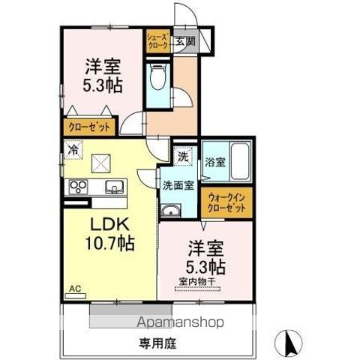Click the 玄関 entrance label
pyautogui.click(x=186, y=42)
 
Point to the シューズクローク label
pyautogui.click(x=157, y=39)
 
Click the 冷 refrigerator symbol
pyautogui.click(x=73, y=149)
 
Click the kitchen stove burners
pyautogui.click(x=79, y=186)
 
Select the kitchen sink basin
pyautogui.click(x=114, y=186)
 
